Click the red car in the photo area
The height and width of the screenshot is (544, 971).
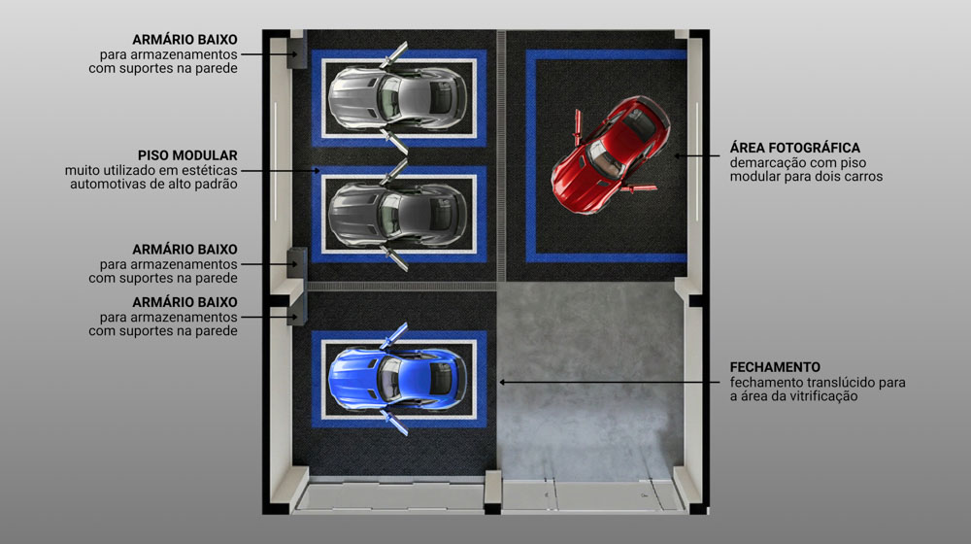610,154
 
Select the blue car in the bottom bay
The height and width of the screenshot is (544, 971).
396,379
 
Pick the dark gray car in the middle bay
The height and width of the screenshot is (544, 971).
396,215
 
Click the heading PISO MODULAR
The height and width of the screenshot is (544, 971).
187,155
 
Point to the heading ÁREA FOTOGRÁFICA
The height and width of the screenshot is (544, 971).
794,148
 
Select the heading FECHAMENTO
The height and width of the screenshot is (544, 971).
775,367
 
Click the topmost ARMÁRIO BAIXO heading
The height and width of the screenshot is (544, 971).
184,40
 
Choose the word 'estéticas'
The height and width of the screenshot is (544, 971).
209,170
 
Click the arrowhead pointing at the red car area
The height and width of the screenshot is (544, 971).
678,156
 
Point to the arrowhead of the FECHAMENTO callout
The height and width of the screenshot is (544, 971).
503,383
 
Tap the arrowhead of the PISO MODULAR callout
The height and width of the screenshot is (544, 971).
317,170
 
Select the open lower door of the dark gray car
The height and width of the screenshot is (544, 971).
395,258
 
